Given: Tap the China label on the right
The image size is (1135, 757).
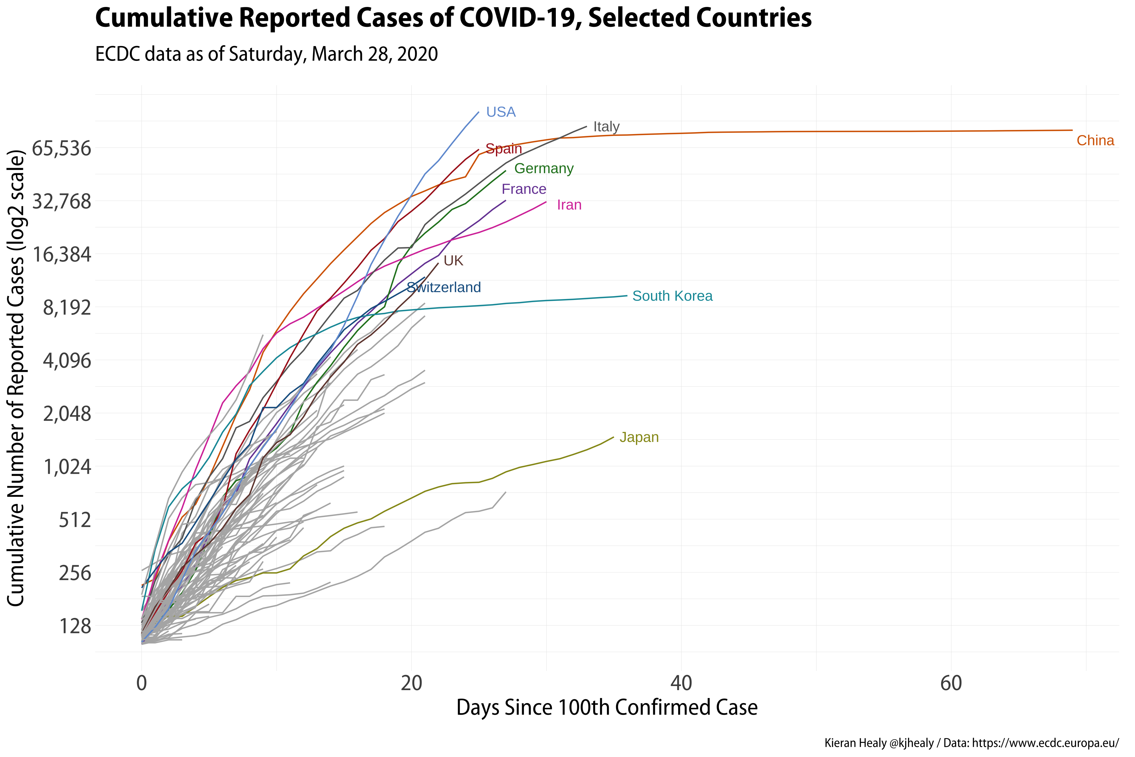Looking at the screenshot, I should pyautogui.click(x=1095, y=140).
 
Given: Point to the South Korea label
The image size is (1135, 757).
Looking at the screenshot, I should pyautogui.click(x=672, y=296).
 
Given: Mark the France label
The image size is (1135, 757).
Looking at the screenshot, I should pyautogui.click(x=524, y=189).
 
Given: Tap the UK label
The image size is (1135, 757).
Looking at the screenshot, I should pyautogui.click(x=453, y=261).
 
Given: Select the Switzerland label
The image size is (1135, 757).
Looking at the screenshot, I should pyautogui.click(x=444, y=287).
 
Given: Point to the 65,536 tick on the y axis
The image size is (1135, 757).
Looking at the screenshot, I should pyautogui.click(x=61, y=149).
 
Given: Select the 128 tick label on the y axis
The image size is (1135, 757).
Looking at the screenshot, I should pyautogui.click(x=75, y=626).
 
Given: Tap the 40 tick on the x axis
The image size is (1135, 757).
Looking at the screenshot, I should pyautogui.click(x=681, y=683).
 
